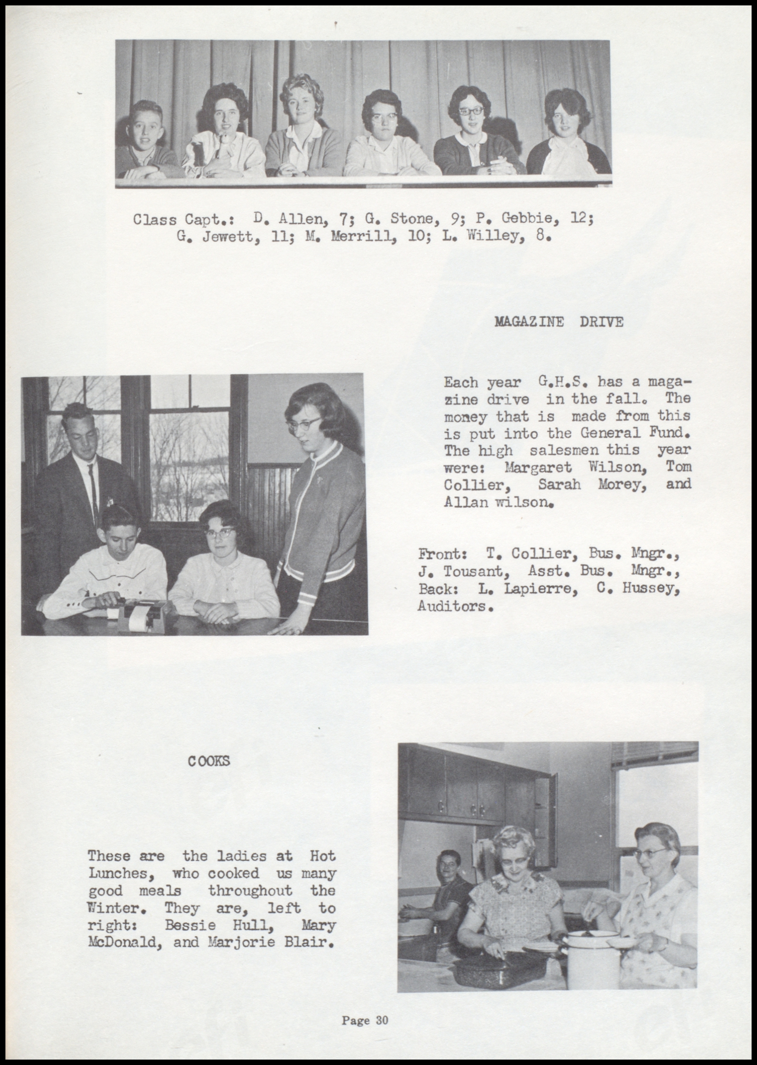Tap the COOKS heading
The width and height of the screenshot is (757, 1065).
(209, 761)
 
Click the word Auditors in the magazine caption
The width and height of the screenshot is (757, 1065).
(455, 606)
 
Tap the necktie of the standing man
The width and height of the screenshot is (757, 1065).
(93, 489)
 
